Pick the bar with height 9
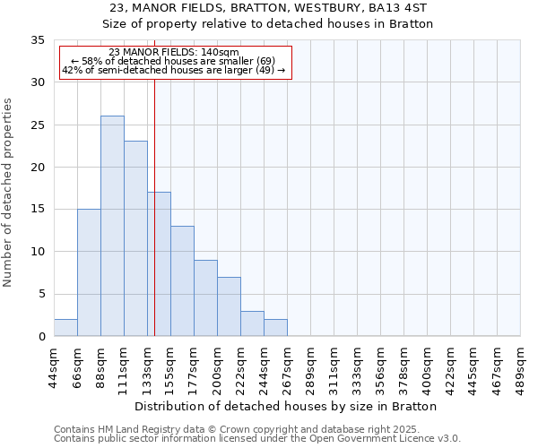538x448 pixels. (x=205, y=297)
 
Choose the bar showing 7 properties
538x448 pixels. (x=229, y=306)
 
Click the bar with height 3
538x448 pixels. (x=252, y=323)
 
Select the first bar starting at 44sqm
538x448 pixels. (x=65, y=328)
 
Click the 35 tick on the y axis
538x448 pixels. (x=38, y=40)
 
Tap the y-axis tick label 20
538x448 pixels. (x=38, y=168)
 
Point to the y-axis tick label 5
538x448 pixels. (x=41, y=295)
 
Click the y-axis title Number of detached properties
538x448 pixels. (x=8, y=192)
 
